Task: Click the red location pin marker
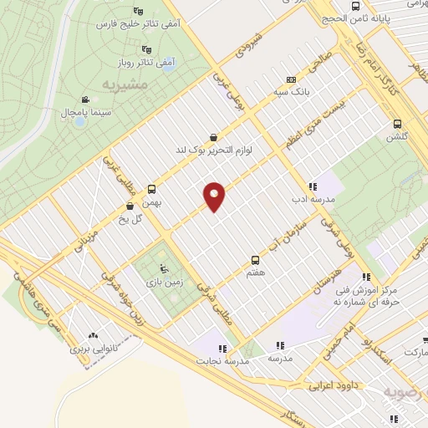215,196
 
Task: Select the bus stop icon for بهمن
151,189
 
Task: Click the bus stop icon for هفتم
256,260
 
